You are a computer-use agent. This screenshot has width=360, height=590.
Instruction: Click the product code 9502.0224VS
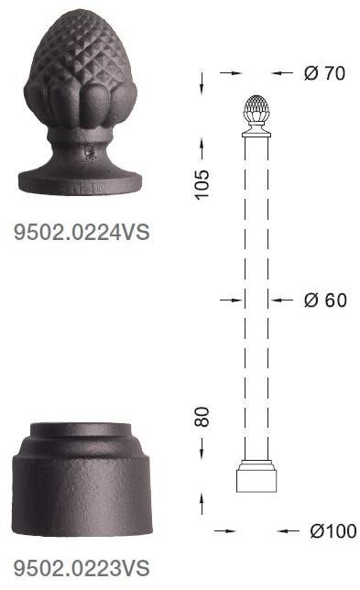tap(82, 232)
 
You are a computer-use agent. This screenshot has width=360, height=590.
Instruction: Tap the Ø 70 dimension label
tap(324, 73)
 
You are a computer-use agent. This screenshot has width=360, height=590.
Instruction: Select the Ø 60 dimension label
tap(325, 300)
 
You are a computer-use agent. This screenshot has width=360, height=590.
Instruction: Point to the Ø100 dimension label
tap(333, 531)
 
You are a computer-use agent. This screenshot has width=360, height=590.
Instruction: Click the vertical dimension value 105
tap(202, 184)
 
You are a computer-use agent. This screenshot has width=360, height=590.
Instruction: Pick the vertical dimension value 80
tap(202, 417)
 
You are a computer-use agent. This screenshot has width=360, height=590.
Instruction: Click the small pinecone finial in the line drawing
tap(256, 110)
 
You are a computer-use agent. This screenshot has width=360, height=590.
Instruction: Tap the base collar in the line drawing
tap(256, 476)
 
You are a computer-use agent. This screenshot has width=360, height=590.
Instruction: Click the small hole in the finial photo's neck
tap(90, 152)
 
